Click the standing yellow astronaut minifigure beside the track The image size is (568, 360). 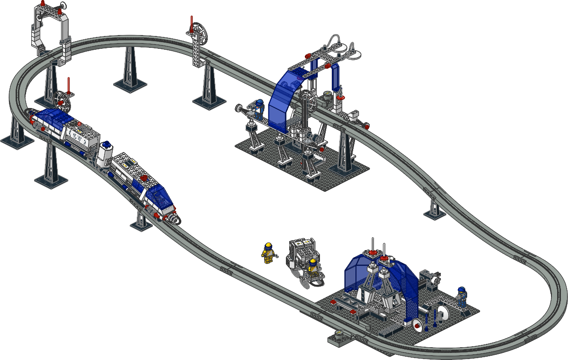[x=268, y=253]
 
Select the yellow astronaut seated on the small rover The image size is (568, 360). [x=312, y=267]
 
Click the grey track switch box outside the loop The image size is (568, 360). [x=340, y=337]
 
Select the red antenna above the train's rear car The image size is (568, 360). [x=69, y=85]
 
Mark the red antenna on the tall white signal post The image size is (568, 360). [x=191, y=24]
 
